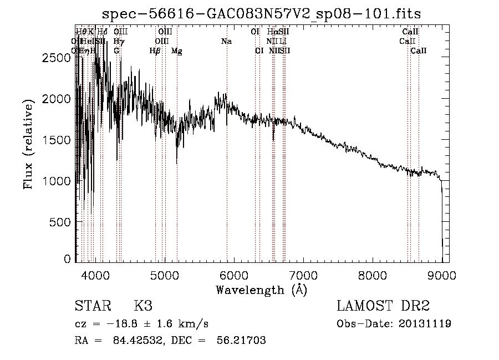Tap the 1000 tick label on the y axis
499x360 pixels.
[55, 181]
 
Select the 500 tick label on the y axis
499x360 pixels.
[59, 222]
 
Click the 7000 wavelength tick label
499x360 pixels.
[303, 275]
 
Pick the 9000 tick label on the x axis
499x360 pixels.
[442, 275]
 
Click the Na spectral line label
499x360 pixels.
[226, 42]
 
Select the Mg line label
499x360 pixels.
[176, 51]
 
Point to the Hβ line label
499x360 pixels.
[155, 51]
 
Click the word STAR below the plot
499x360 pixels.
[93, 306]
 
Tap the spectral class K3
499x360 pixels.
[143, 306]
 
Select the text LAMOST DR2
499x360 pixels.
[383, 306]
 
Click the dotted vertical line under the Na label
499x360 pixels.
[227, 166]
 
